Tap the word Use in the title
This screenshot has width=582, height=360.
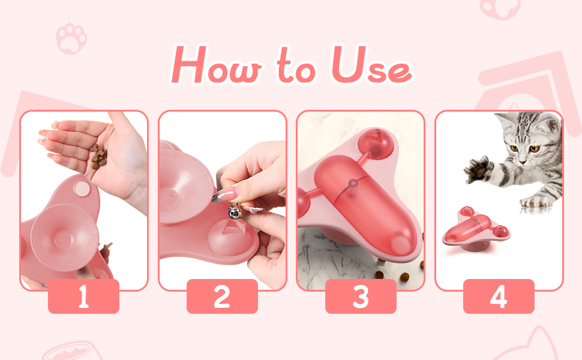point(371,65)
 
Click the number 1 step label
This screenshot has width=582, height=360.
point(83,296)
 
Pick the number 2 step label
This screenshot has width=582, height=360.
point(222,296)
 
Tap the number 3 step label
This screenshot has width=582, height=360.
point(361,296)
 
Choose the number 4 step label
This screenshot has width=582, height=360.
point(499,296)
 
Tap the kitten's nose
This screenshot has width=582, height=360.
point(523,161)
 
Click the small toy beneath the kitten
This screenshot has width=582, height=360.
point(476,228)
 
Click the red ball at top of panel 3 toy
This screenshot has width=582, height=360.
point(375,143)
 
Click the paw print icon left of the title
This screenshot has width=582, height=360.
point(71,38)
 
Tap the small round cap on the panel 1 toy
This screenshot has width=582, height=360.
point(82,188)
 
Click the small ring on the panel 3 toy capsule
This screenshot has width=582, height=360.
point(353,183)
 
